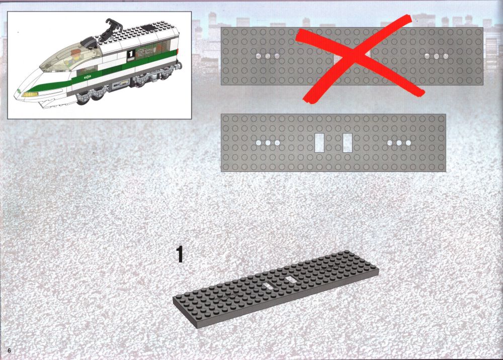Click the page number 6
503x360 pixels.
9,350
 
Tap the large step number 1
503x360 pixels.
180,254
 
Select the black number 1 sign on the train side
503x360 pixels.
131,54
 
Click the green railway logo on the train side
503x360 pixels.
86,77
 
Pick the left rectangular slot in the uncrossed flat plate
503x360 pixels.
319,143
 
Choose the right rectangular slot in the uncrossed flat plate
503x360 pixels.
348,143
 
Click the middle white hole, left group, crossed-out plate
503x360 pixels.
268,56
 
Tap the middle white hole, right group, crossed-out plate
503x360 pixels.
436,56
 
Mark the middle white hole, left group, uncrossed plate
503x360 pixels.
268,143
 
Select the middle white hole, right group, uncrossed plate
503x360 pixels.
399,143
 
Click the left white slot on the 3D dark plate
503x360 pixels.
267,286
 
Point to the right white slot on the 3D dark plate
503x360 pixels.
291,280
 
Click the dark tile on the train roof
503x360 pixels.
149,27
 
